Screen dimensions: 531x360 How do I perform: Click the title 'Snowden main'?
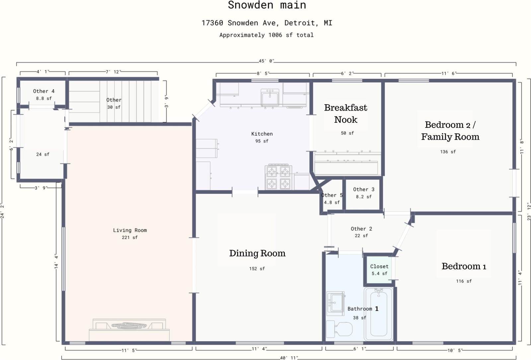267,5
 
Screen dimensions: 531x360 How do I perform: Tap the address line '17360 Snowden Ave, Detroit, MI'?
267,23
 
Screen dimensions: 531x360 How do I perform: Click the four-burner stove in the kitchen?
278,177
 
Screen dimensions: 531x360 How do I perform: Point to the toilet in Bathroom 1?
339,329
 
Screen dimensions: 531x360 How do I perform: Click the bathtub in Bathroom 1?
379,314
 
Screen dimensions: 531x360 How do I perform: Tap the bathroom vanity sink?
336,304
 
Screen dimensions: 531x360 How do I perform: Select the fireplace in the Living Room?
129,330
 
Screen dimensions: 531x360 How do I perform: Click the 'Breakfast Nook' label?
345,114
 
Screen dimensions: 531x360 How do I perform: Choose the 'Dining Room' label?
257,253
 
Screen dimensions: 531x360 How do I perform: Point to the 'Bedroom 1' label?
464,266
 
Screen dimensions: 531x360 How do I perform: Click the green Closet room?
379,270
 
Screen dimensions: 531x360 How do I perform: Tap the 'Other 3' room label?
364,190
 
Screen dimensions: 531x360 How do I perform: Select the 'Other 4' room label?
43,91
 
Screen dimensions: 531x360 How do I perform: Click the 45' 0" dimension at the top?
266,61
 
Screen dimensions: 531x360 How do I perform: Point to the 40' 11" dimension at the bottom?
289,358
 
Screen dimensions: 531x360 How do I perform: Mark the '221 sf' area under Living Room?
130,237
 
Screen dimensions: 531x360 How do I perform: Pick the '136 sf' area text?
448,152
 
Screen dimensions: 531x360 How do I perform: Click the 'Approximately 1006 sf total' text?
266,35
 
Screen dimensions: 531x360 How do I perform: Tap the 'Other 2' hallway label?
361,229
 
